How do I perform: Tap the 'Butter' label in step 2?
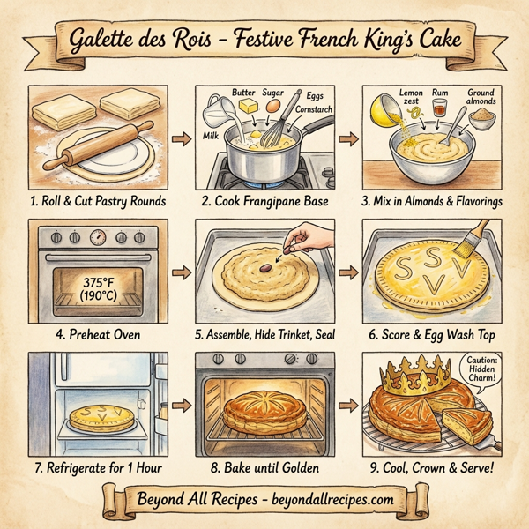(x=243, y=92)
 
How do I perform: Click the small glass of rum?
(x=438, y=110)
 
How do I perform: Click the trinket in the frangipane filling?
(x=264, y=262)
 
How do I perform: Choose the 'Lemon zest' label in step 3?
(x=411, y=97)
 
